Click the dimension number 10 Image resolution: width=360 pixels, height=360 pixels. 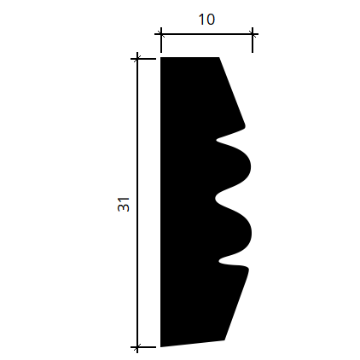click(206, 20)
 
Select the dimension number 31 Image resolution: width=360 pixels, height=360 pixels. click(124, 204)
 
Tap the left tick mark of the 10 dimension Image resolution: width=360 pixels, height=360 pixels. click(161, 34)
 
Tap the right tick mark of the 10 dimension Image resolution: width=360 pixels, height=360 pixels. click(253, 34)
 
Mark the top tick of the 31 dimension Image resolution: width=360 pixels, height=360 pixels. click(137, 59)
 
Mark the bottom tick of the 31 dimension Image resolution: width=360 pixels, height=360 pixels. click(137, 347)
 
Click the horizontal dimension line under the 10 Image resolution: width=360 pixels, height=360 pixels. click(206, 34)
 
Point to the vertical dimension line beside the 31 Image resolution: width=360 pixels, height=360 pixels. click(137, 203)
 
